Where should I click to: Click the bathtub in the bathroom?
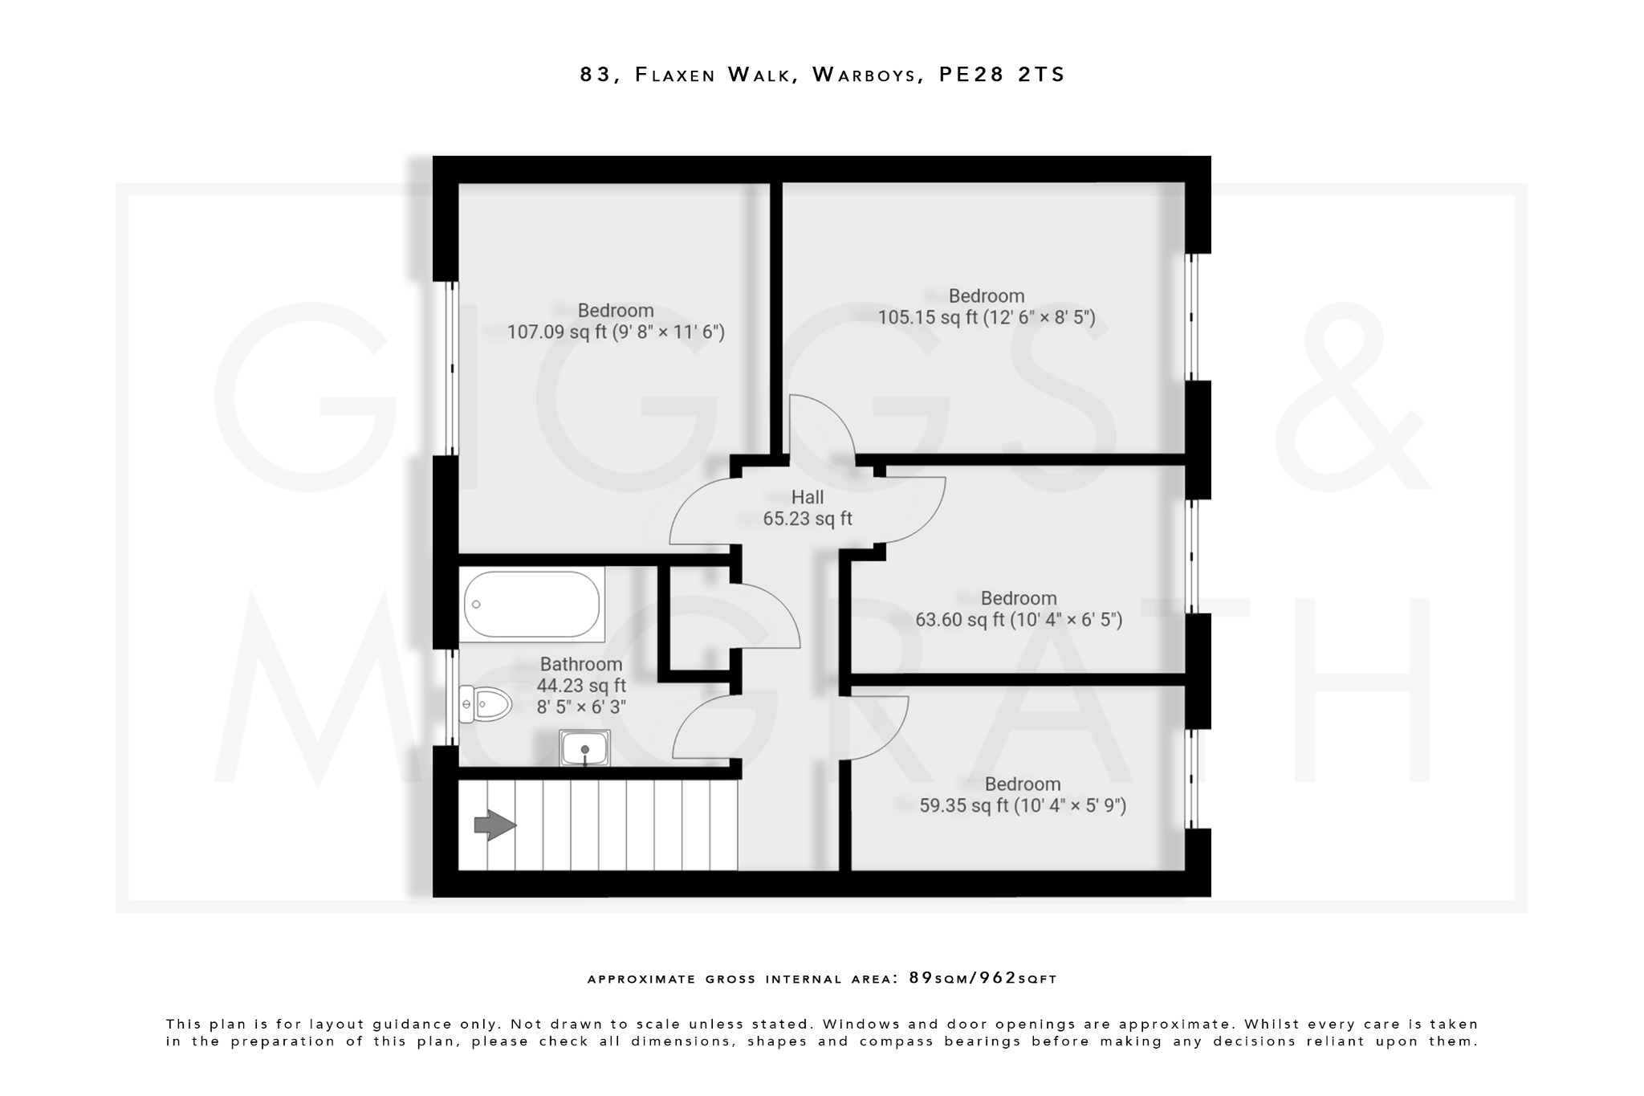click(x=531, y=605)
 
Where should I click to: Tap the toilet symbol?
click(x=486, y=705)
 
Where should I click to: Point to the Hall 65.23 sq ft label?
click(x=808, y=508)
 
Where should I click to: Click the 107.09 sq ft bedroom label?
click(x=616, y=321)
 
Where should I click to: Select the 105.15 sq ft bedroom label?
click(x=986, y=307)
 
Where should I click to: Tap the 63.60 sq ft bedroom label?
click(x=1019, y=609)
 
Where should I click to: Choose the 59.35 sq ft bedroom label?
click(x=1023, y=795)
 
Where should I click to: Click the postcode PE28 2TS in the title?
click(x=1002, y=75)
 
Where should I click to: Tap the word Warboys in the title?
click(x=865, y=75)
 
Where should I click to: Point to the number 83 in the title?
click(x=595, y=75)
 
